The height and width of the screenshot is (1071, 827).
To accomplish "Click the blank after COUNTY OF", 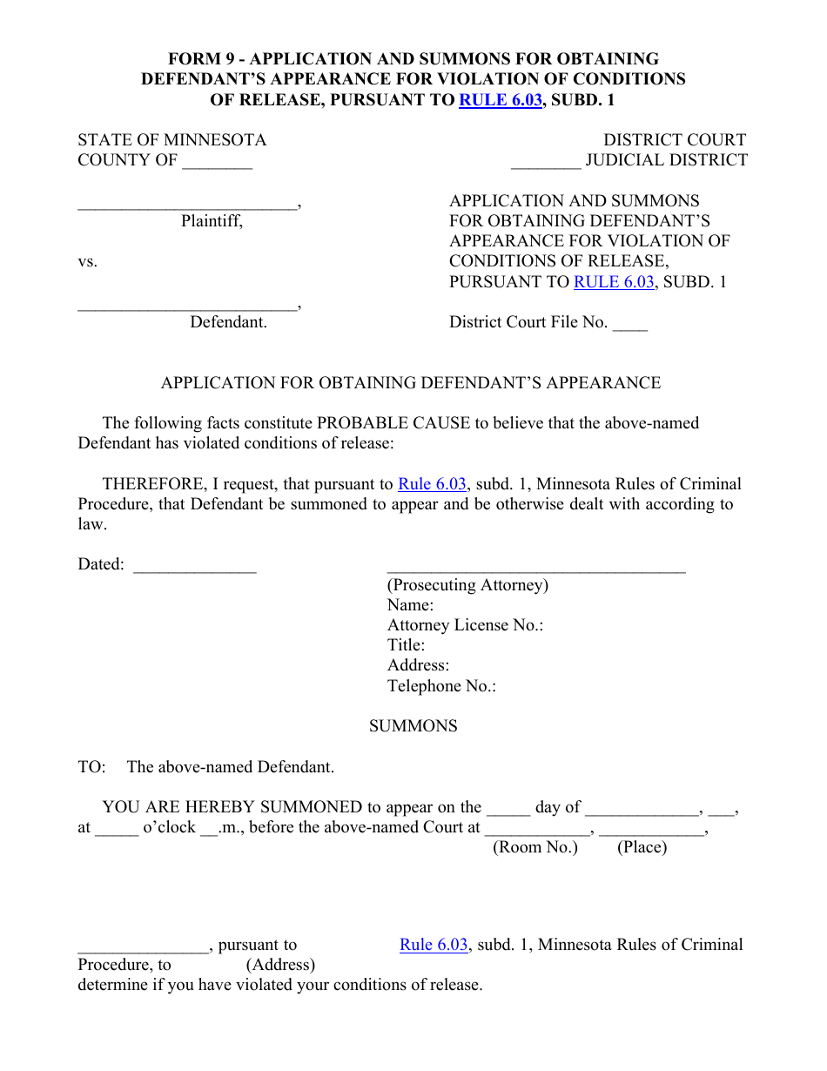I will [x=218, y=163].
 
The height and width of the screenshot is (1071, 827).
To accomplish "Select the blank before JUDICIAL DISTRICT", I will [x=546, y=163].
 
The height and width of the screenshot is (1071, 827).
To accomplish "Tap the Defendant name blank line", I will [x=187, y=306].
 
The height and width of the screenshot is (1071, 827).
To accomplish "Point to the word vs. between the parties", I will [x=88, y=261].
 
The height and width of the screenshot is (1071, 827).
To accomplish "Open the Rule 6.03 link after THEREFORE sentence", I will [x=432, y=484].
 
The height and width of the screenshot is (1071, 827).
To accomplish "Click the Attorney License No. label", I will [x=465, y=625].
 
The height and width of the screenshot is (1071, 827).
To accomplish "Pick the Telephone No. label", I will [x=441, y=686].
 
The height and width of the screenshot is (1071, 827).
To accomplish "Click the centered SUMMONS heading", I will [x=413, y=726].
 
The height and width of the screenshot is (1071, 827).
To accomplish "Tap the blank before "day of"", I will [x=508, y=811].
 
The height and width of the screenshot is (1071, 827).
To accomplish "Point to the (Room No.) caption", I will [x=535, y=847].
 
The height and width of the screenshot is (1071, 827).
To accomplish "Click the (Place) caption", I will [x=642, y=847].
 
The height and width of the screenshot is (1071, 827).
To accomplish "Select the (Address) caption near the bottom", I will [x=280, y=965].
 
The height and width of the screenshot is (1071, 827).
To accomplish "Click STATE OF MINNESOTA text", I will [x=172, y=140].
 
